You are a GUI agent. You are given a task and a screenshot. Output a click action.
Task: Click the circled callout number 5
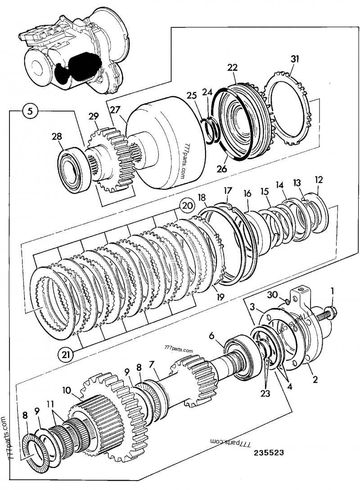[29, 111]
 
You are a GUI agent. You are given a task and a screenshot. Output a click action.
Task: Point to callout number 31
[295, 59]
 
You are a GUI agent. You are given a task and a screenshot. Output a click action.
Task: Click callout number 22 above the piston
[232, 67]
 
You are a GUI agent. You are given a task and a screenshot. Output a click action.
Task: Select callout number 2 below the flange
[315, 380]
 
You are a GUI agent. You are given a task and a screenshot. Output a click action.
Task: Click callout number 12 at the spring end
[319, 179]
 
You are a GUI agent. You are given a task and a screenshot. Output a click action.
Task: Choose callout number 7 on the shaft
[152, 363]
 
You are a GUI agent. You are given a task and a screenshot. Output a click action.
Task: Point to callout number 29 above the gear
[93, 117]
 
